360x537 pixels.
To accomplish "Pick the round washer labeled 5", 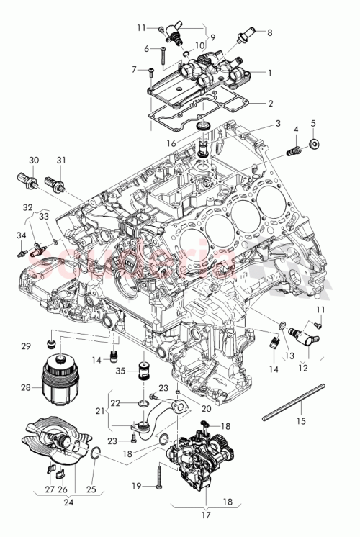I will click(x=315, y=145).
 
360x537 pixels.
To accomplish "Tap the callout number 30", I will click(x=33, y=160).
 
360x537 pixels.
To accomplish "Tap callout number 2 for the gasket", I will click(x=270, y=104).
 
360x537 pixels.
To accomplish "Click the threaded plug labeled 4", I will click(x=293, y=151).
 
